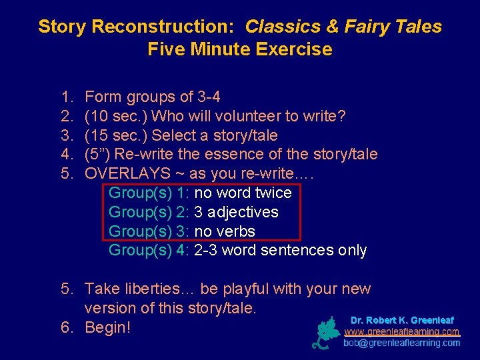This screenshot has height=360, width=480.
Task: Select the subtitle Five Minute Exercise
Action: (x=239, y=49)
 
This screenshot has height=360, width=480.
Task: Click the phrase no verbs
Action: (x=225, y=231)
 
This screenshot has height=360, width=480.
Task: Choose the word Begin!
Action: (x=108, y=327)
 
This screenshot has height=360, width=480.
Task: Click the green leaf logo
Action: (x=327, y=333)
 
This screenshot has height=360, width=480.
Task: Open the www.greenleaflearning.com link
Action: (x=401, y=331)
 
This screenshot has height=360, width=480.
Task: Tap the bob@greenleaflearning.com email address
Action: (x=401, y=343)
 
